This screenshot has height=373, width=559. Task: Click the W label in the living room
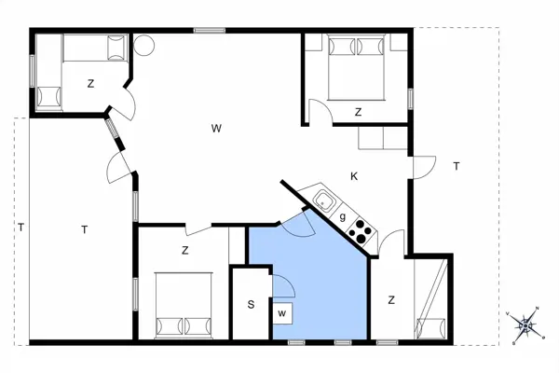click(215, 128)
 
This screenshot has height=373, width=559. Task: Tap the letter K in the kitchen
click(354, 176)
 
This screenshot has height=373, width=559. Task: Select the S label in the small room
click(251, 304)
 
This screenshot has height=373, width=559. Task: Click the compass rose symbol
click(526, 325)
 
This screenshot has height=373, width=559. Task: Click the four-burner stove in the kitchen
click(361, 231)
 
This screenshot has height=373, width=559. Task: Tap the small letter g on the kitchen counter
click(344, 217)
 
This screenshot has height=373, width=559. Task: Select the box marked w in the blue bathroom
click(281, 312)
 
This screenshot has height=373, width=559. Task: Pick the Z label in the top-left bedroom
click(90, 84)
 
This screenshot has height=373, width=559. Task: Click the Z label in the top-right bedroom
click(358, 112)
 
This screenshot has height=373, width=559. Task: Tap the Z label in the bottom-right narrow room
click(391, 299)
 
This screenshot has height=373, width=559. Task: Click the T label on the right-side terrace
click(456, 166)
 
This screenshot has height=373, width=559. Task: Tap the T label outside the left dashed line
click(20, 227)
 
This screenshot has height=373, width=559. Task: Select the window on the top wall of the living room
click(206, 32)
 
